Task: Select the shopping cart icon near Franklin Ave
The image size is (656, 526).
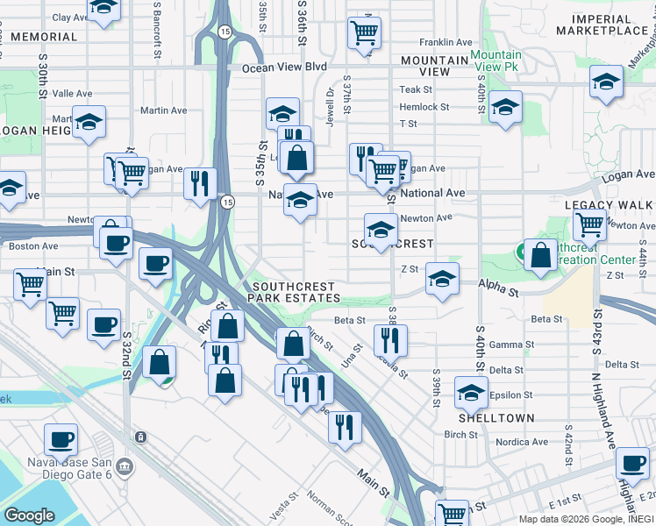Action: pos(364,32)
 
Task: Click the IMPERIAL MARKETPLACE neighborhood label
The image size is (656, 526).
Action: pos(609,25)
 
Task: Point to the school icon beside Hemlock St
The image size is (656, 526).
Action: pos(505,107)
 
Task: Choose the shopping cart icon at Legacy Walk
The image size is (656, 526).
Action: pos(589,224)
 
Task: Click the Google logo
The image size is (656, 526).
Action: pos(29,515)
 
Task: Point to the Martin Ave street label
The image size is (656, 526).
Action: pos(163,111)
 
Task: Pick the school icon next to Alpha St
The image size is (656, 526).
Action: pos(442,280)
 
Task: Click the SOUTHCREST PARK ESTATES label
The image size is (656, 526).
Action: pos(296,293)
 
